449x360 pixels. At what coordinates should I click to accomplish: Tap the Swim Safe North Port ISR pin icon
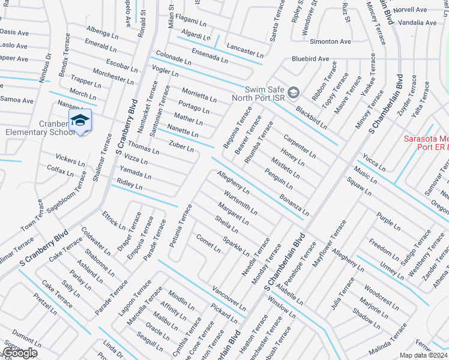click(294, 92)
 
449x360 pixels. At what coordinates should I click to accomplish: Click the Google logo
click(20, 353)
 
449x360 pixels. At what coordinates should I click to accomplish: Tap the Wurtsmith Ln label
click(240, 203)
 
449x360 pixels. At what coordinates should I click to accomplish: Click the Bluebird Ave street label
click(310, 59)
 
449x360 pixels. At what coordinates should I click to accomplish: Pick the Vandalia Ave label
click(417, 23)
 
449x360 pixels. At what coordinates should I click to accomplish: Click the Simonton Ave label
click(330, 41)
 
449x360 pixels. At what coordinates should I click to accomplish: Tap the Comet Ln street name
click(208, 243)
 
